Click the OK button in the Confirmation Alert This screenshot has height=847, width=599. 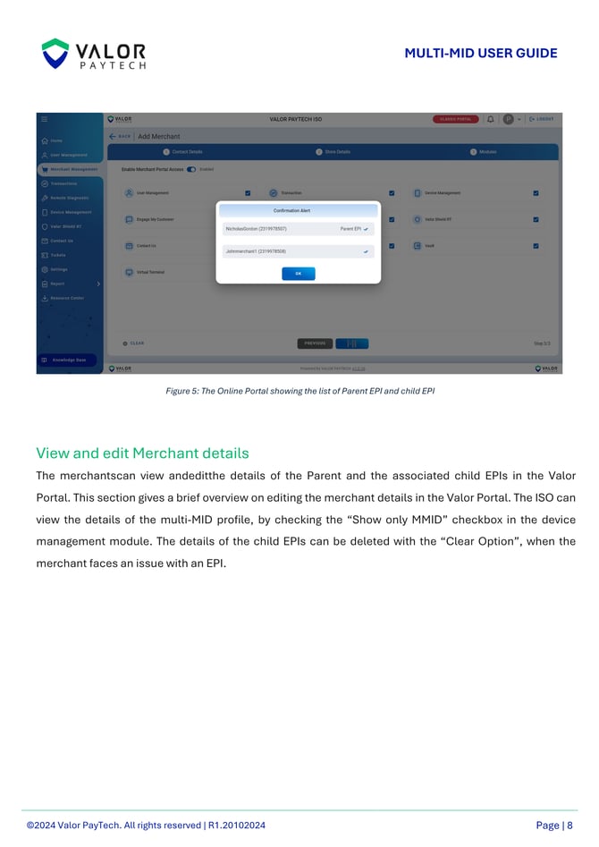click(x=299, y=274)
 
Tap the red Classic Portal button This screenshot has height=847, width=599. click(x=456, y=119)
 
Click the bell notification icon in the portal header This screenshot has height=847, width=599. click(x=491, y=119)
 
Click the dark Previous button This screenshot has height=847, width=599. click(x=315, y=343)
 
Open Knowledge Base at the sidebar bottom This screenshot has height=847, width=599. click(x=70, y=360)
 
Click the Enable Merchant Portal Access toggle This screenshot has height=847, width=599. click(x=191, y=168)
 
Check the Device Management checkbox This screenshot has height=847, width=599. click(x=536, y=192)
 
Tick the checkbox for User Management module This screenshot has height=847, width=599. click(x=248, y=192)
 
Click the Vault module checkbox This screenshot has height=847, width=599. click(x=536, y=246)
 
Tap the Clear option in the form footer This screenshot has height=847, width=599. click(x=134, y=343)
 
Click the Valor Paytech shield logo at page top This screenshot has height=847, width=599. click(x=55, y=54)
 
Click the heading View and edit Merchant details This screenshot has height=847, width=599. click(x=142, y=453)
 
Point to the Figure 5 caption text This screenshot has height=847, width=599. click(x=299, y=391)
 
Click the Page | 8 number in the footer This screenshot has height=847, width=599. click(x=554, y=826)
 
